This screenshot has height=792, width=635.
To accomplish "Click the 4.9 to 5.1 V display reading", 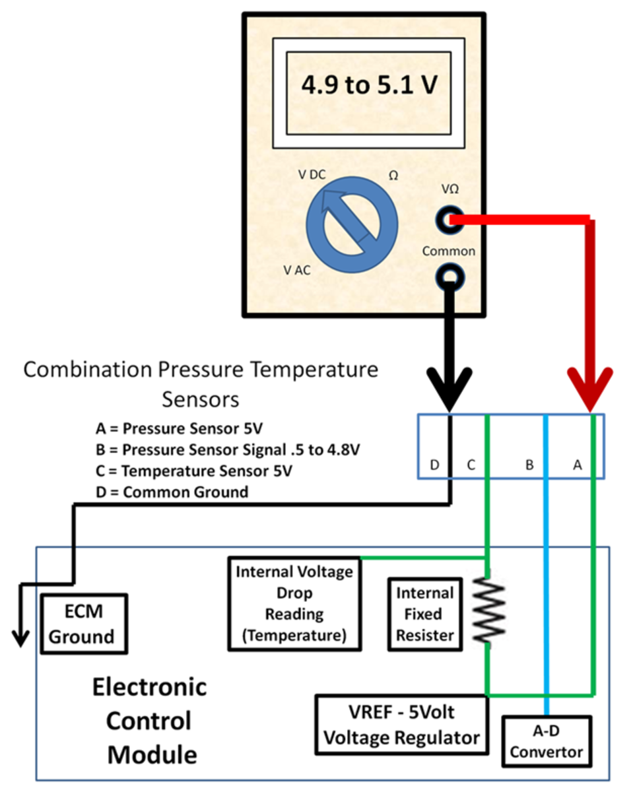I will coord(369,86).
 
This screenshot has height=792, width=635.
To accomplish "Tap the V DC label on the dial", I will coord(313,175).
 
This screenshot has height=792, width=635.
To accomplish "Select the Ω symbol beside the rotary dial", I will coord(394,177).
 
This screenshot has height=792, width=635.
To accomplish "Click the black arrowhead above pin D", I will coord(450,389).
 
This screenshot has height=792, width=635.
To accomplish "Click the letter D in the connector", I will coord(434,465).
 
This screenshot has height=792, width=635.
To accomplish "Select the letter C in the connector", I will coord(471,465).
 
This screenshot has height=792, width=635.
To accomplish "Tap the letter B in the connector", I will coord(529,465).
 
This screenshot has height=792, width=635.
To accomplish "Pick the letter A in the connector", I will coord(577,465).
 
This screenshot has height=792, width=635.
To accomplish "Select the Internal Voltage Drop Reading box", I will coord(294,604).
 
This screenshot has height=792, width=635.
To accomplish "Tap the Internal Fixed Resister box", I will coord(424,614).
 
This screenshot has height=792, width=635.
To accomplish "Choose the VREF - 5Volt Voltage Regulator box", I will coord(402,725).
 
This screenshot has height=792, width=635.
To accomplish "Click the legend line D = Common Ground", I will coord(172,492).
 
